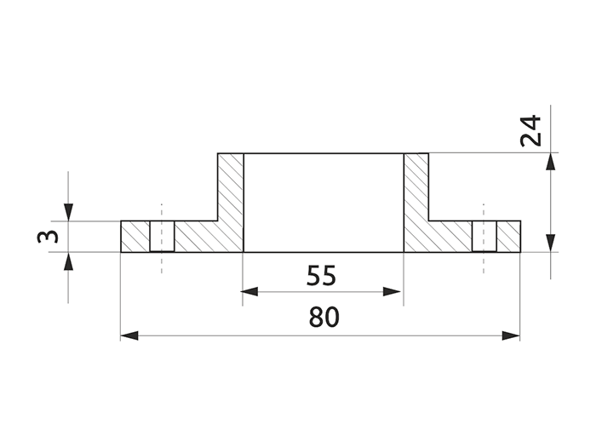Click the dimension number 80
pos(324,317)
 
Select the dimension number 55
pos(321,275)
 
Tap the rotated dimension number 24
pos(532,131)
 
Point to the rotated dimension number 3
pos(49,236)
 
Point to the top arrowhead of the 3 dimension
pos(69,212)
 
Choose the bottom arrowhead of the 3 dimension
pos(69,261)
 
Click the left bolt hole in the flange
pos(162,237)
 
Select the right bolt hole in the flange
pos(484,237)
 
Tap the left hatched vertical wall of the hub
pos(231,192)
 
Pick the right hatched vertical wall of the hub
pos(415,192)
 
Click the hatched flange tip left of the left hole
pos(135,237)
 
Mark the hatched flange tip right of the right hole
pos(508,237)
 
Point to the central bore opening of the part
pos(323,203)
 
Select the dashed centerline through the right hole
pos(484,264)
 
